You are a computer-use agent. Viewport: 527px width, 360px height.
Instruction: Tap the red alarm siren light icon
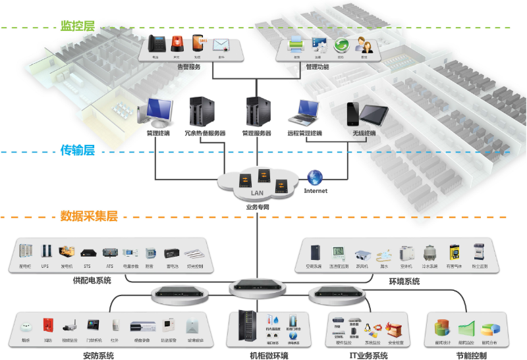point(177,44)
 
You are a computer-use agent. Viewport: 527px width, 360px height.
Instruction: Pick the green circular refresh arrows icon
point(341,45)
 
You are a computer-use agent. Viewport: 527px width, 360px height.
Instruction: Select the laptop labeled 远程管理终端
point(304,113)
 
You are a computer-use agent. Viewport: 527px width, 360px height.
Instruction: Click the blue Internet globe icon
point(316,177)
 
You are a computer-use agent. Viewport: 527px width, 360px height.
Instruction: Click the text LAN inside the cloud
point(257,193)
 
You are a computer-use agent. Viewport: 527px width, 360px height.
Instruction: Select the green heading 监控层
point(77,26)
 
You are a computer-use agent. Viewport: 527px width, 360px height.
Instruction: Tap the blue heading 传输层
point(77,150)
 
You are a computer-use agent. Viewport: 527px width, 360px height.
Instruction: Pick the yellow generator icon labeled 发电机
point(67,253)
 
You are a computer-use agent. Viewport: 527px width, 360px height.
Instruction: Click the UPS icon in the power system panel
point(45,253)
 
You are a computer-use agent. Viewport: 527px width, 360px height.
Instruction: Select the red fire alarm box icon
point(47,326)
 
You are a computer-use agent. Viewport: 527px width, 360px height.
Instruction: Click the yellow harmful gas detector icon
point(455,253)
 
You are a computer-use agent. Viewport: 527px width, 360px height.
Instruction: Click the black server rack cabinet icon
point(246,326)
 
